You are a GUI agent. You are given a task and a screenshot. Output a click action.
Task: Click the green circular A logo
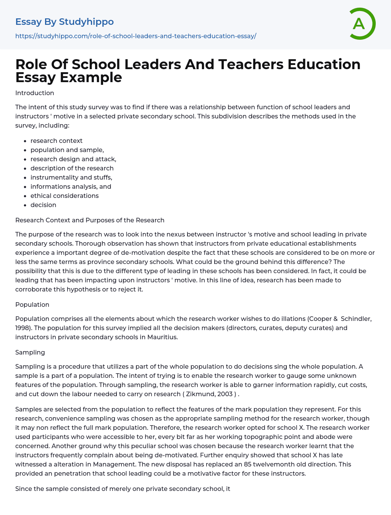(x=362, y=24)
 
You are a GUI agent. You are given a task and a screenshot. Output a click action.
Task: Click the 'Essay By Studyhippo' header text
(x=65, y=22)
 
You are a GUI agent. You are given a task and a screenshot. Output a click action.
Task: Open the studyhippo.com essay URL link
(x=136, y=36)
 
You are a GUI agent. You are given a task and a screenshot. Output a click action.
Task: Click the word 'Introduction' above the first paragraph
(x=35, y=93)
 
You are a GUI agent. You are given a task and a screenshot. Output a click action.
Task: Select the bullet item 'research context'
(x=57, y=141)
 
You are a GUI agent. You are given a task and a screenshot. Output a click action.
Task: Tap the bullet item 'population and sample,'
(x=67, y=150)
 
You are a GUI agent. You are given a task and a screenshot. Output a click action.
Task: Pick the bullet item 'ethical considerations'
(x=65, y=196)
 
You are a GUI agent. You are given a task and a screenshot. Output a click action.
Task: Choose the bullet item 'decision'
(x=43, y=205)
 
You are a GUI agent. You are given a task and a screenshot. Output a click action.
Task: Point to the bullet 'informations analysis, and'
(x=71, y=186)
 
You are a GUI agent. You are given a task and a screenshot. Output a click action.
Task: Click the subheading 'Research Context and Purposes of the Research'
(x=90, y=220)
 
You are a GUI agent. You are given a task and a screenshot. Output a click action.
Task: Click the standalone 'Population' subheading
(x=32, y=304)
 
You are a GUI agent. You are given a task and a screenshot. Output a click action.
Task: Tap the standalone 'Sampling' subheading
(x=30, y=352)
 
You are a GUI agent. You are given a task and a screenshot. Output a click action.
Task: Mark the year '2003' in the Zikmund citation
(x=225, y=394)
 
